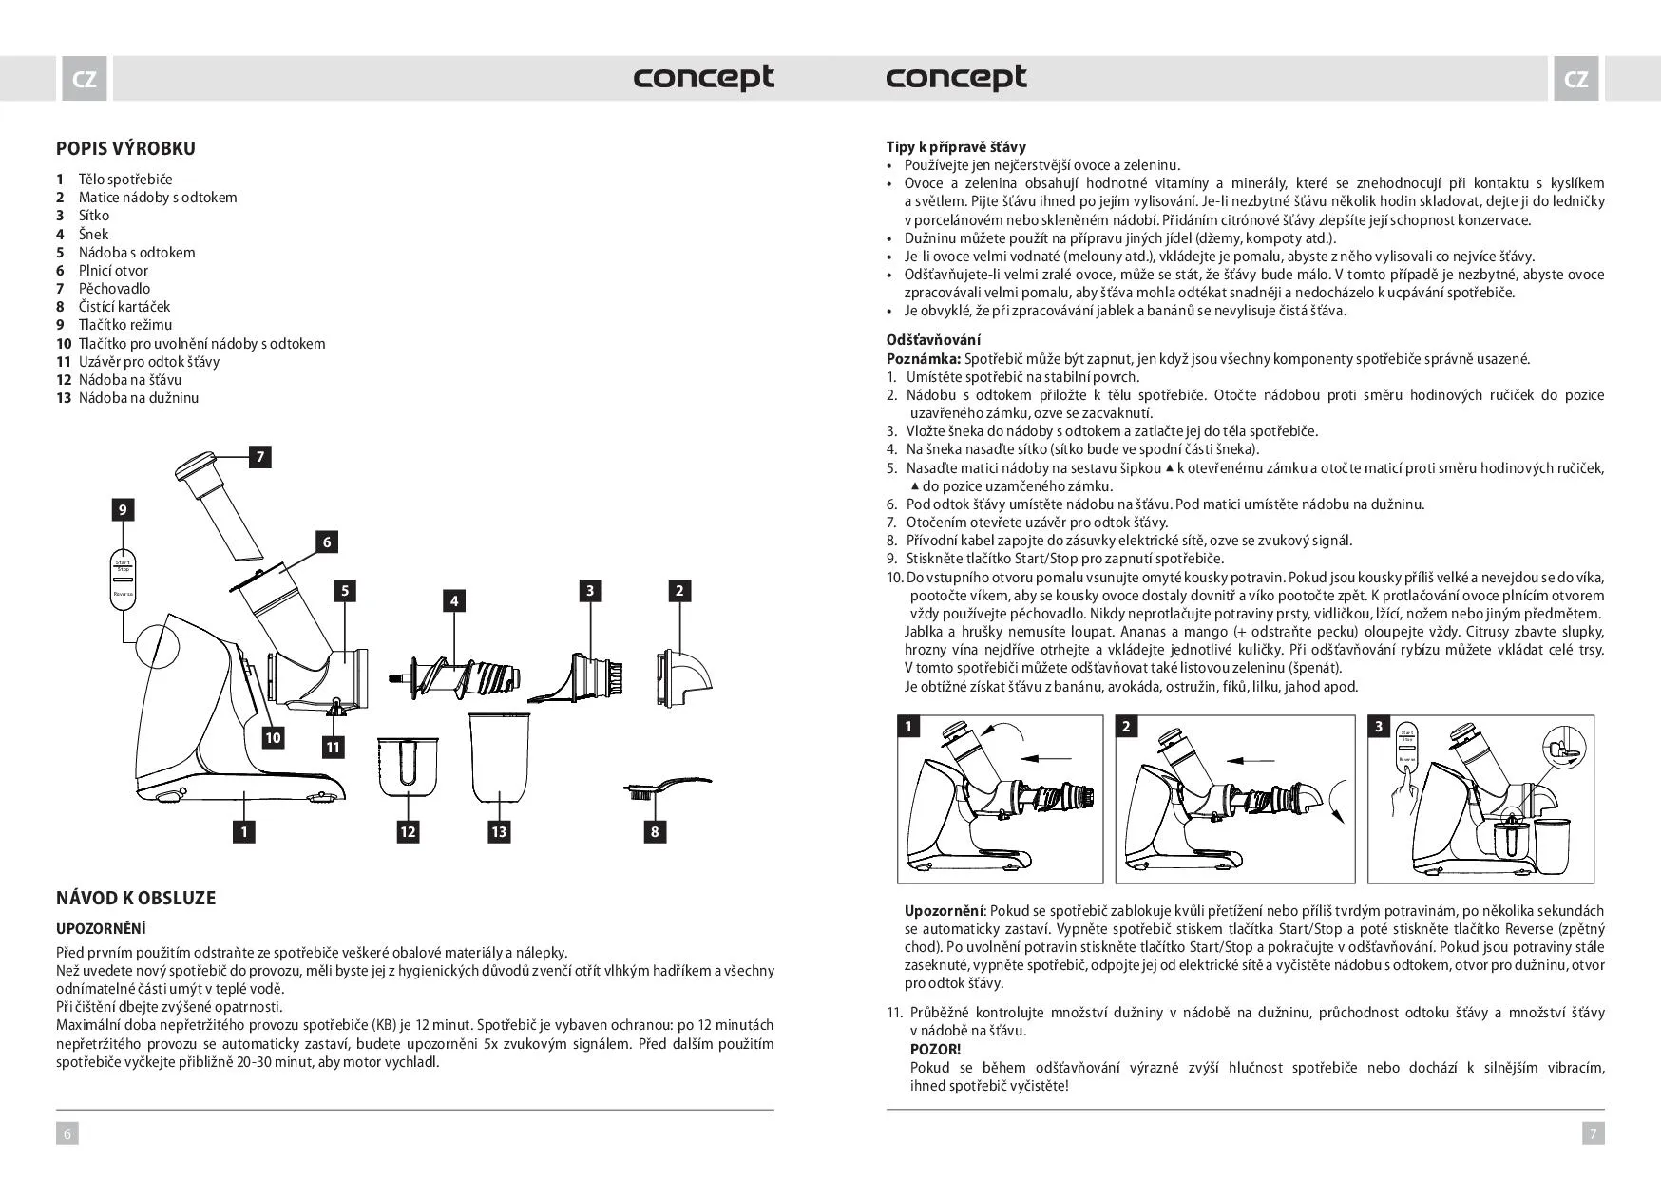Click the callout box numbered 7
point(259,456)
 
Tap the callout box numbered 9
point(122,509)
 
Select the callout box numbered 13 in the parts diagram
point(499,831)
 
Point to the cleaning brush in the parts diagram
point(665,788)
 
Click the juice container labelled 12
point(408,765)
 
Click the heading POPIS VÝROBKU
point(125,148)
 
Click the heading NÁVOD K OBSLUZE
point(136,898)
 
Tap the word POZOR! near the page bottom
point(935,1049)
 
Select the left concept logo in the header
point(703,78)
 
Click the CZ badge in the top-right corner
point(1575,79)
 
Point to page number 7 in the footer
point(1594,1132)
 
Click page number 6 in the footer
point(67,1132)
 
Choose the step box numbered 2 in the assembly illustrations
point(1126,727)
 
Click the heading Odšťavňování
point(933,339)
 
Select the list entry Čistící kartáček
point(124,307)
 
